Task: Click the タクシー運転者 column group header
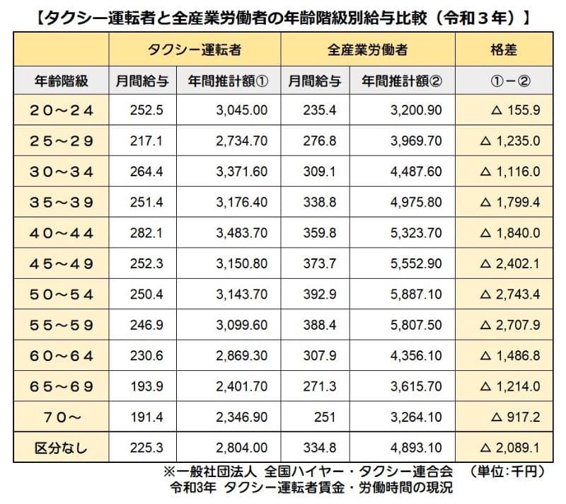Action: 195,50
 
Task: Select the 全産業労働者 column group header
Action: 367,50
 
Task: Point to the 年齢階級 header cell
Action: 62,81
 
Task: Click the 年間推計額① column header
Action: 229,81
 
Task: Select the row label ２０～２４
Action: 62,110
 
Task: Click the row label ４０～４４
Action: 62,233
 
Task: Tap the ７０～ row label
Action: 62,417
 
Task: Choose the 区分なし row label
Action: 62,447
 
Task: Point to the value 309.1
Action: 316,171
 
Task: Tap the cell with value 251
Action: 316,417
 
